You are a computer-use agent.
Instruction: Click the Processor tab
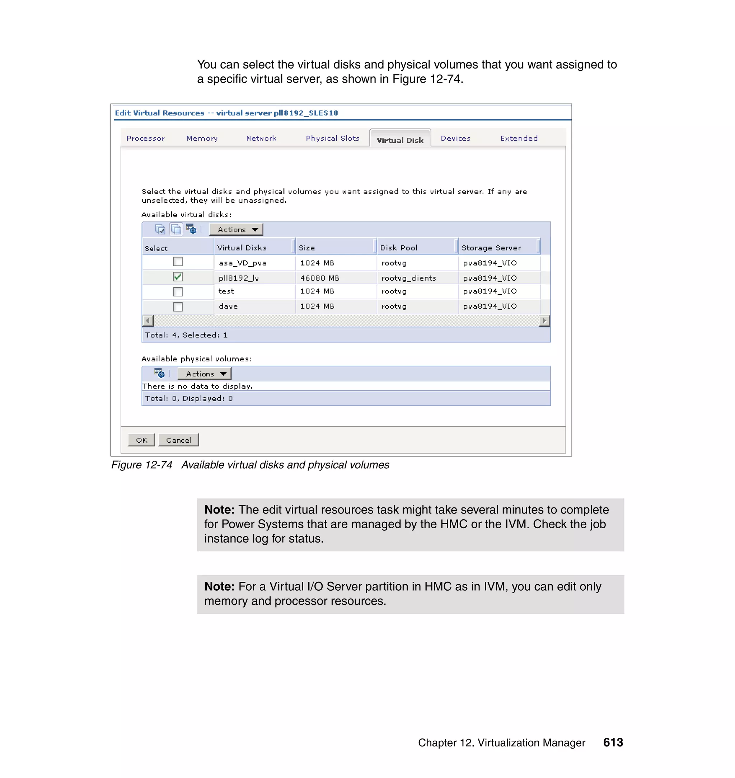tap(145, 138)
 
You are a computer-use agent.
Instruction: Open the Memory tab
tap(202, 138)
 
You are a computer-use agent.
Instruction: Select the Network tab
tap(261, 138)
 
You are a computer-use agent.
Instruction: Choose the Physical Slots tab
tap(332, 138)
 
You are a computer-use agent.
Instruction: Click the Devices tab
tap(455, 138)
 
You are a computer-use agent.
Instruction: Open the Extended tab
tap(519, 138)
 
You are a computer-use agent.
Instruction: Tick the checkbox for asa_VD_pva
tap(178, 262)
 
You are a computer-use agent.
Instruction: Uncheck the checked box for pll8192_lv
tap(178, 277)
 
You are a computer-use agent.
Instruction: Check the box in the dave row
tap(178, 307)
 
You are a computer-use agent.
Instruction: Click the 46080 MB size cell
tap(319, 278)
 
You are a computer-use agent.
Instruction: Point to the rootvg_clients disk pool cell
tap(408, 278)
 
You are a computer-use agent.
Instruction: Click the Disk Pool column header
tap(398, 248)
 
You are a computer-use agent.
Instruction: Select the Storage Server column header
tap(491, 248)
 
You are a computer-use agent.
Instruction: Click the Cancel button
tap(178, 440)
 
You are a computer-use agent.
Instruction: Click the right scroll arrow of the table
tap(544, 321)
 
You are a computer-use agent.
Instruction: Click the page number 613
tap(613, 742)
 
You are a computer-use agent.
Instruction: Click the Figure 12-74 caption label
tap(141, 465)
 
